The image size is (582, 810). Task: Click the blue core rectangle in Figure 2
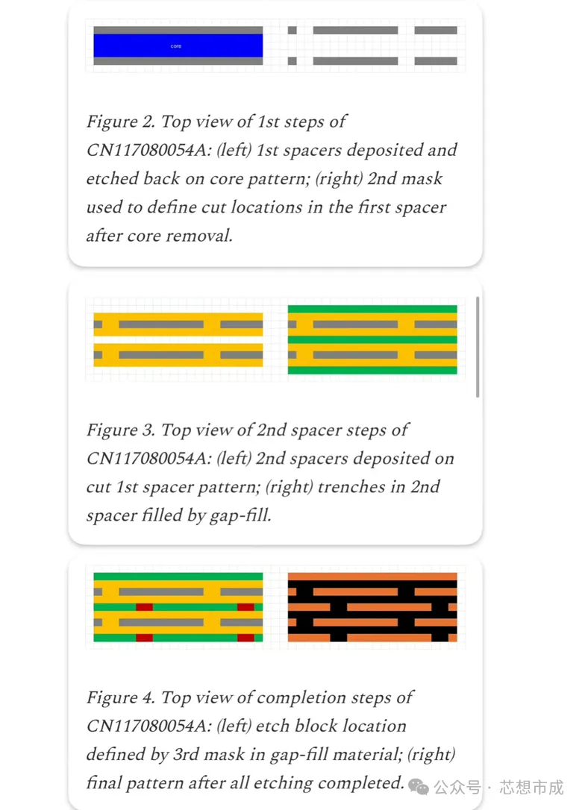tap(178, 45)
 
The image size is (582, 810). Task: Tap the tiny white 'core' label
tap(176, 46)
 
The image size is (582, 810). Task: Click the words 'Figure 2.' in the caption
tap(120, 122)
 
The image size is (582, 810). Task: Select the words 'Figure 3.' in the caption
tap(120, 430)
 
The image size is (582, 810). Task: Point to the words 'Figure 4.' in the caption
tap(120, 697)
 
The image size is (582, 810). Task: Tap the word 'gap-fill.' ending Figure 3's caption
tap(240, 515)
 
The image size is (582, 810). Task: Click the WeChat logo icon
tap(419, 787)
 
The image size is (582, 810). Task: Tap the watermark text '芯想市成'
tap(531, 787)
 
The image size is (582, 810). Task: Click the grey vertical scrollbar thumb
tap(478, 347)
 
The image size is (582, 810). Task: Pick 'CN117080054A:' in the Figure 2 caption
tap(149, 150)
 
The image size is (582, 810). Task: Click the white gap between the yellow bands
tap(178, 340)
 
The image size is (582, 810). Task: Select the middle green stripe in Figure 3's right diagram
tap(372, 340)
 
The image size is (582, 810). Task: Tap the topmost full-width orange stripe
tap(372, 577)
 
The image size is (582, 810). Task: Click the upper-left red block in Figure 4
tap(144, 607)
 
